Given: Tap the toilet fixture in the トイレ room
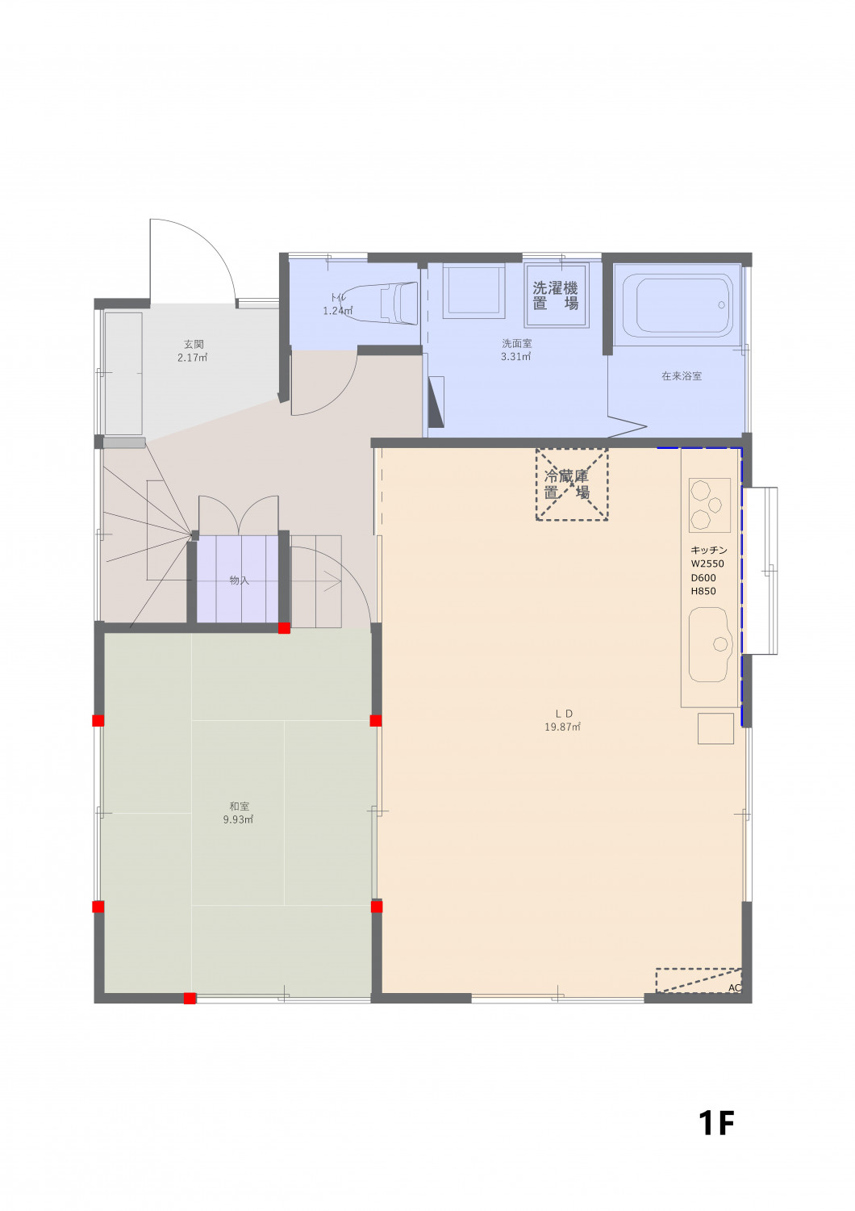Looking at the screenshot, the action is pyautogui.click(x=382, y=304).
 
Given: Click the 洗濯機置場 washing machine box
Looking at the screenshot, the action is pyautogui.click(x=557, y=295).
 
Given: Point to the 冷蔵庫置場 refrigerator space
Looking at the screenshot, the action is pyautogui.click(x=571, y=484).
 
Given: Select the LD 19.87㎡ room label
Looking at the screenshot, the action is pyautogui.click(x=562, y=720).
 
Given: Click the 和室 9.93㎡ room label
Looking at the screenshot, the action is pyautogui.click(x=238, y=812).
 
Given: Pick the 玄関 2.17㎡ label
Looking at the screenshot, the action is pyautogui.click(x=193, y=351).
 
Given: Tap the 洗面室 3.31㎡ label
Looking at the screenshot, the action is pyautogui.click(x=515, y=350).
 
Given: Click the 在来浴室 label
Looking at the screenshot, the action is pyautogui.click(x=682, y=375).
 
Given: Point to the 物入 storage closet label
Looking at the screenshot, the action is pyautogui.click(x=239, y=580).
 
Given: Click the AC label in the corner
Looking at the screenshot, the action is pyautogui.click(x=734, y=987).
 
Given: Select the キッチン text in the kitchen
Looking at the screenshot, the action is pyautogui.click(x=709, y=550).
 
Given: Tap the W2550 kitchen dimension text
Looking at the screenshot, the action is pyautogui.click(x=707, y=564).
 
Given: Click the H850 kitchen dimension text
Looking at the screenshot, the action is pyautogui.click(x=703, y=591).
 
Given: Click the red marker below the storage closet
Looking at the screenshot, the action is pyautogui.click(x=284, y=628).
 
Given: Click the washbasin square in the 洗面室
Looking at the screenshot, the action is pyautogui.click(x=473, y=291).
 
